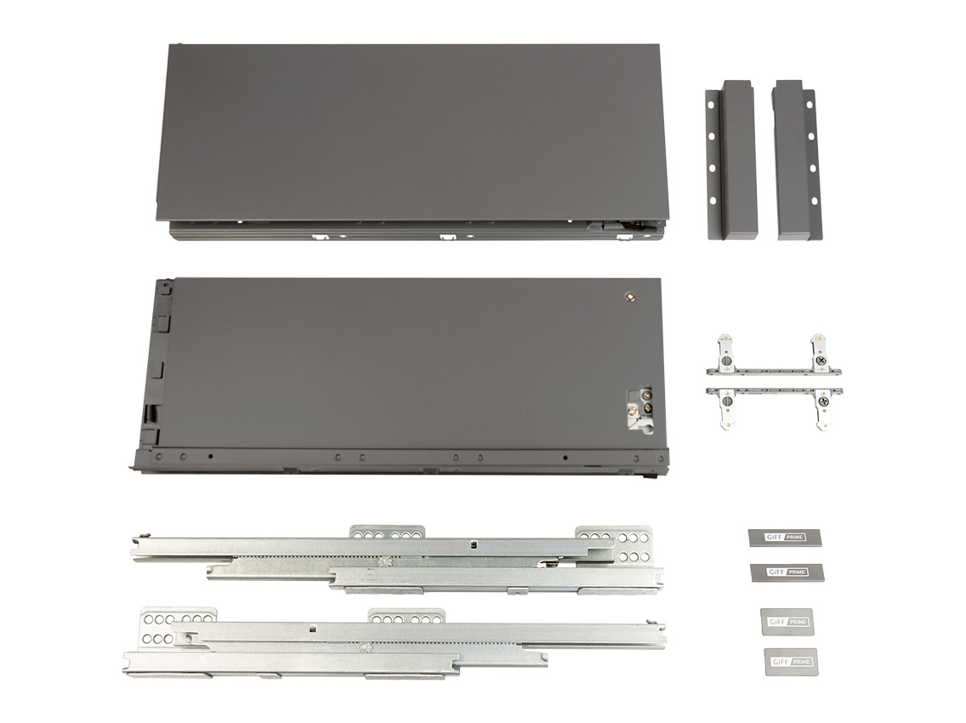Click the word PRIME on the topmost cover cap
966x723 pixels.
[795, 538]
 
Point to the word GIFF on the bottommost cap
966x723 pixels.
[777, 662]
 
